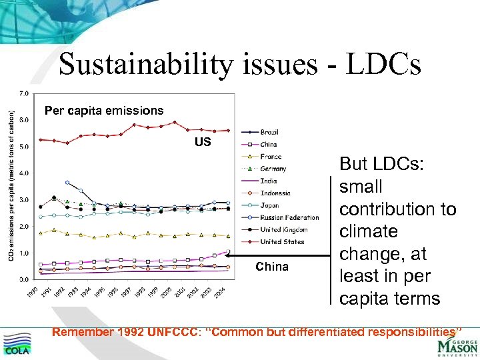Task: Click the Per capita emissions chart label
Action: (103, 110)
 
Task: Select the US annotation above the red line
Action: (203, 142)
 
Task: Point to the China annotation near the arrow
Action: (271, 267)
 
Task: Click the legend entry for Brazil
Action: (269, 132)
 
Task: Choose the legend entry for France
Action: (271, 157)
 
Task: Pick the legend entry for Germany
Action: (273, 169)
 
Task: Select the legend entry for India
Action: (269, 181)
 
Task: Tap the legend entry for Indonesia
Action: (275, 193)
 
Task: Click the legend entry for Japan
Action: (270, 205)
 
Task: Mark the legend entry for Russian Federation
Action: (289, 217)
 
